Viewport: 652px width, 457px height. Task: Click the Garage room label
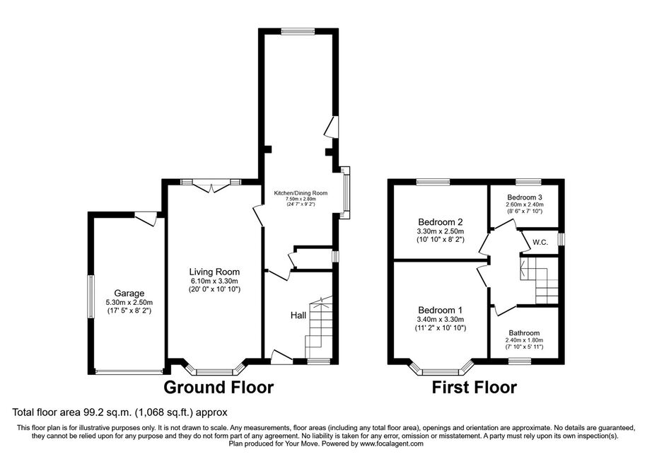tap(129, 293)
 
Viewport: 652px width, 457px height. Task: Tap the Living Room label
tap(214, 272)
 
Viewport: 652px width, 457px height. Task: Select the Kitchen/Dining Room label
tap(301, 193)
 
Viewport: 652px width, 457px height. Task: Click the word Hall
tap(298, 316)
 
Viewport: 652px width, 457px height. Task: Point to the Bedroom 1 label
tap(441, 311)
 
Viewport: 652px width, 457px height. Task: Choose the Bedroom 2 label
tap(441, 222)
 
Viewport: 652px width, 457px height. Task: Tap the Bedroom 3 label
tap(525, 197)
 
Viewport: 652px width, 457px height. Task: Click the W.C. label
tap(540, 242)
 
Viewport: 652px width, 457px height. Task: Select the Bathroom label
tap(524, 332)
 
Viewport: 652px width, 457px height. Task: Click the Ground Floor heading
tap(219, 387)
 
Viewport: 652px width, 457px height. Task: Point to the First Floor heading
tap(475, 387)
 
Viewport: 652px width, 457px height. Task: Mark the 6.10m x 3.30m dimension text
tap(214, 281)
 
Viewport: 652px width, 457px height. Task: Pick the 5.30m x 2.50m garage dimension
tap(129, 302)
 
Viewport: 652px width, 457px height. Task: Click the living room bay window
tap(214, 370)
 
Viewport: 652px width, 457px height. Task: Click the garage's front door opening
tap(129, 371)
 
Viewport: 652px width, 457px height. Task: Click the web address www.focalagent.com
tap(392, 444)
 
